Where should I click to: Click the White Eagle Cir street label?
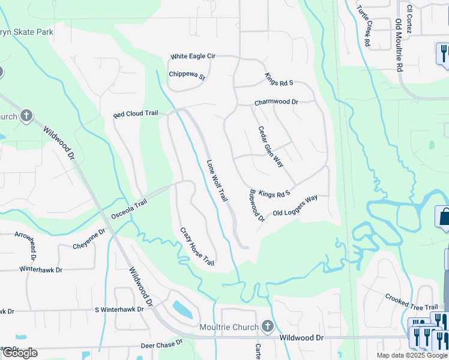193,56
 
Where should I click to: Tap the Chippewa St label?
187,77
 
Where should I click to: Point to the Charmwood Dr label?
276,103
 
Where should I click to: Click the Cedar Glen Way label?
271,146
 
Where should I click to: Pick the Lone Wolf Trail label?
217,180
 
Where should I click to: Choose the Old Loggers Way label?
295,205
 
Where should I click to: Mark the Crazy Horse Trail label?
197,247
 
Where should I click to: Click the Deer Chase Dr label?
161,344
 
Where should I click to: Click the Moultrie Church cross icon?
268,327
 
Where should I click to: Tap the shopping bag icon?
444,216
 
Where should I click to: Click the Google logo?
19,352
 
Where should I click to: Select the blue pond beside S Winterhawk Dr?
182,310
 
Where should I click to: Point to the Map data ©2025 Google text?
411,355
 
